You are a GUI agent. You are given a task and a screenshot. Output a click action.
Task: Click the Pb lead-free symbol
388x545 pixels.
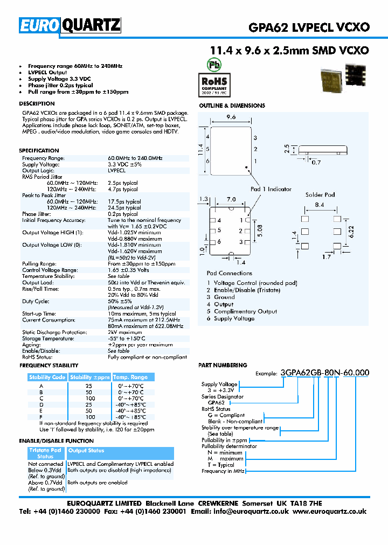[x=214, y=64]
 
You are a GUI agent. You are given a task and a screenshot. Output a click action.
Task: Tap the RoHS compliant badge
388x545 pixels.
[x=214, y=83]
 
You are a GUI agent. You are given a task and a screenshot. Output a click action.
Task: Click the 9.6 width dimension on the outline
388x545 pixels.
[x=231, y=117]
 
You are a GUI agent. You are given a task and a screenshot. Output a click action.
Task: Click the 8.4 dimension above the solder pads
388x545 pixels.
[x=319, y=205]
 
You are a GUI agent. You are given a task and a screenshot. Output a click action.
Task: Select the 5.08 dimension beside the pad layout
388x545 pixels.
[x=260, y=230]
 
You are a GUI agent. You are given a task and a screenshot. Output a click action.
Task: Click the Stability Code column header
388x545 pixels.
[x=47, y=377]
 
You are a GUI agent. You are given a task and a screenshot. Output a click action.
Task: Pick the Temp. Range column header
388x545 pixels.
[x=130, y=377]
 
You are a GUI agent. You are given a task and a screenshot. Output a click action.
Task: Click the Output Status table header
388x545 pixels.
[x=86, y=451]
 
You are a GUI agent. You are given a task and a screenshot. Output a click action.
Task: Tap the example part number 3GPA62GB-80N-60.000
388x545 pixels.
[x=325, y=372]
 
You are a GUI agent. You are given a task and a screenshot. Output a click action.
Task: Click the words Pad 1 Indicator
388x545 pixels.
[x=271, y=189]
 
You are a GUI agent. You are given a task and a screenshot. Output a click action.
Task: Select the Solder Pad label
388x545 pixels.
[x=320, y=195]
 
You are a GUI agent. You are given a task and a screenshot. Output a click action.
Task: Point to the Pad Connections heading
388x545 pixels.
[x=229, y=274]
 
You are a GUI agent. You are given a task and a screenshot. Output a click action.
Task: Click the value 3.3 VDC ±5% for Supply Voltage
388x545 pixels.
[x=124, y=164]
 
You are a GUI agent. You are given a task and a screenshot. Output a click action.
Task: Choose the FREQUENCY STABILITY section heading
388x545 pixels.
[x=48, y=366]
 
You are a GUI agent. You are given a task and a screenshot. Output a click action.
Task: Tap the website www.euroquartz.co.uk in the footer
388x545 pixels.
[x=330, y=511]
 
